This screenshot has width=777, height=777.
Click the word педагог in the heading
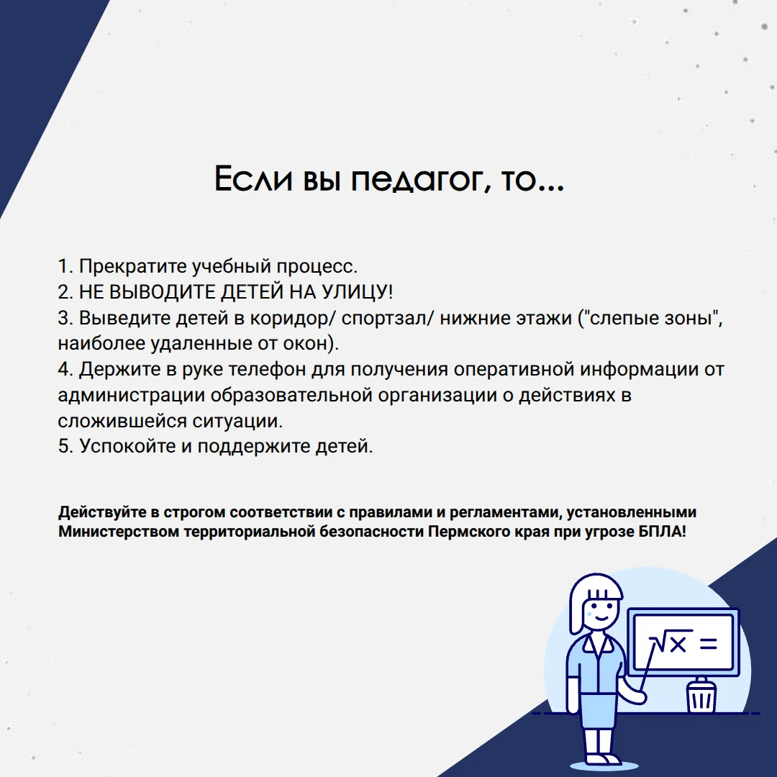pyautogui.click(x=418, y=178)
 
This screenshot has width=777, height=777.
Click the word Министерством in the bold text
pyautogui.click(x=119, y=532)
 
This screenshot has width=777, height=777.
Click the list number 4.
pyautogui.click(x=65, y=370)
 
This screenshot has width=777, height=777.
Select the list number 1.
pyautogui.click(x=65, y=267)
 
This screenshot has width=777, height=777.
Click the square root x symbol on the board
pyautogui.click(x=671, y=642)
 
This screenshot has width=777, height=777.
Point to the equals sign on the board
pyautogui.click(x=708, y=643)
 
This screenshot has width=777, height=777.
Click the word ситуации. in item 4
pyautogui.click(x=237, y=421)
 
